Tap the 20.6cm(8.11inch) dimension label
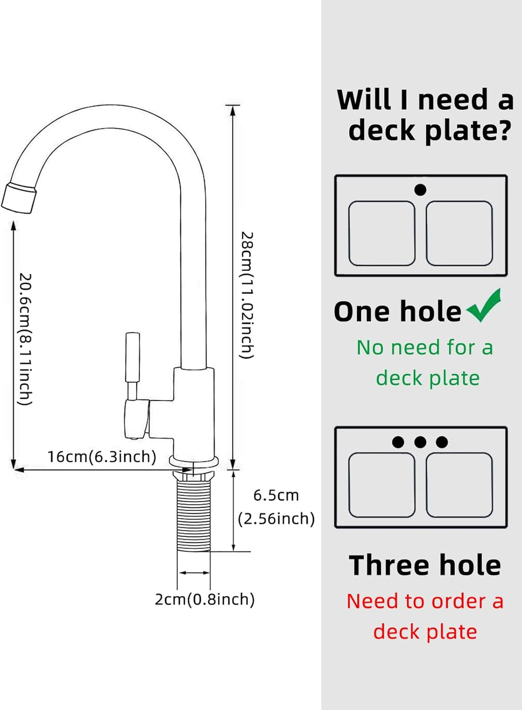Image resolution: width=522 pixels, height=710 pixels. tap(26, 339)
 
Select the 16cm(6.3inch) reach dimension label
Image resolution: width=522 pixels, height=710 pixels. tap(102, 457)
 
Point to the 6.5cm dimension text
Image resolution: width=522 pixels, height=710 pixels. tap(276, 496)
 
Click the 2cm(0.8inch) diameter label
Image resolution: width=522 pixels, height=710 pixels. tap(204, 599)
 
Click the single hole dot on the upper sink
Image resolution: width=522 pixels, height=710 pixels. tap(420, 190)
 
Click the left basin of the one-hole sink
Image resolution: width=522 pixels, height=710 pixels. tap(382, 233)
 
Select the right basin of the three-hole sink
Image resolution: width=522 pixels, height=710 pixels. tap(459, 485)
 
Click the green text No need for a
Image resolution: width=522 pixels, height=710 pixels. tap(425, 347)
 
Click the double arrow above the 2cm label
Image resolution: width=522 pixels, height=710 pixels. tap(194, 572)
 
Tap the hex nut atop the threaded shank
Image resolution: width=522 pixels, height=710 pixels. tap(193, 477)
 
